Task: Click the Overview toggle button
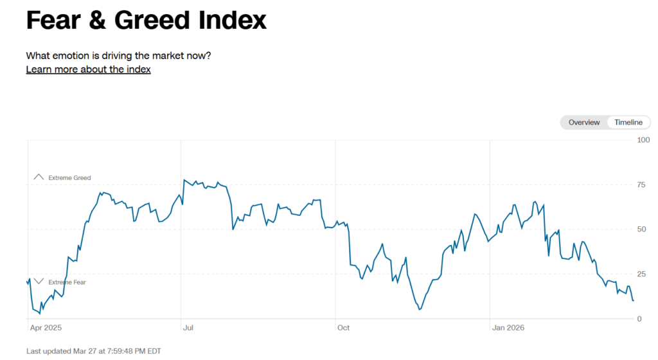583,122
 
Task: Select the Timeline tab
628,122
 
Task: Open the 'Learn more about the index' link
88,69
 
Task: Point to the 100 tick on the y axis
643,140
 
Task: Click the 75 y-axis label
641,185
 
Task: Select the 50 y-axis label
641,230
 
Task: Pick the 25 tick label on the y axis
641,274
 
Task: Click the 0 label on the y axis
639,319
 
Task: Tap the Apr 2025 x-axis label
46,328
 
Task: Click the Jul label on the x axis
188,328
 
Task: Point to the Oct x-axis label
343,328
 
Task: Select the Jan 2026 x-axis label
508,328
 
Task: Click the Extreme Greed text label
69,177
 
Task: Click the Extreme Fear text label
67,282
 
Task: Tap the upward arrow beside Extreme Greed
39,177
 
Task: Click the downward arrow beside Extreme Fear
39,282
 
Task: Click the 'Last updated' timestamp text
94,351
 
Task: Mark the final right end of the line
634,300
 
